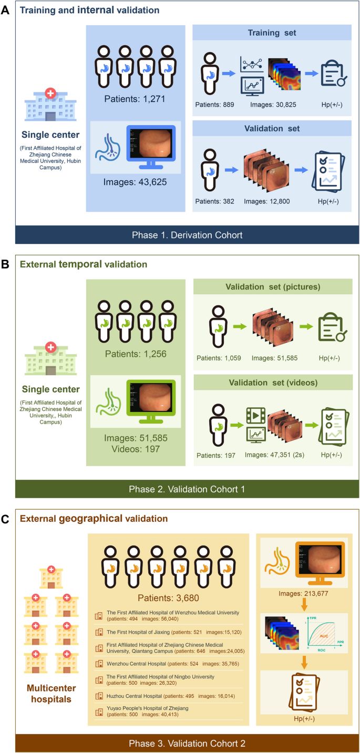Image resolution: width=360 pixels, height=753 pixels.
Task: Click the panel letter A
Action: point(6,9)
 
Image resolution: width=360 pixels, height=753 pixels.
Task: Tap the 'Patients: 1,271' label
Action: point(136,97)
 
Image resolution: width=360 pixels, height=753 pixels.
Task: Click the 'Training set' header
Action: point(272,33)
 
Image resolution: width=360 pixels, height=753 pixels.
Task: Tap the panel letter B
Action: point(6,264)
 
